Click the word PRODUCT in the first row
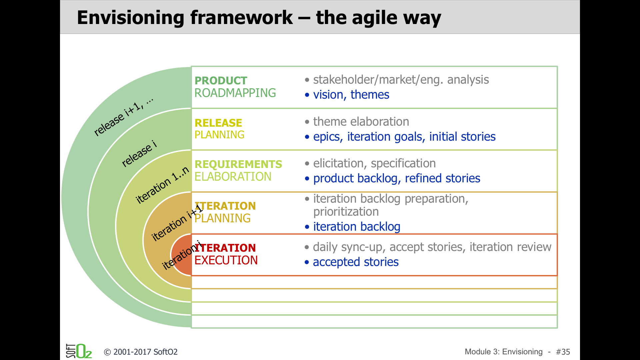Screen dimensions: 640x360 [221, 81]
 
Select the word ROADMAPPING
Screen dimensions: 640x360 [235, 93]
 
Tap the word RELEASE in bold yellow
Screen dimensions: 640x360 [218, 123]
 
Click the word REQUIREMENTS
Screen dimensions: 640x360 [238, 164]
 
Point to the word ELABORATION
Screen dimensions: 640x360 [233, 177]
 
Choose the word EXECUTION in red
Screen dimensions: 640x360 [226, 260]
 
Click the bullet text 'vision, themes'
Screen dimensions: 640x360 [351, 95]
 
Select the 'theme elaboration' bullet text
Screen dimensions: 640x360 [361, 122]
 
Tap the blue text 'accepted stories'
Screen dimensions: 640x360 [356, 262]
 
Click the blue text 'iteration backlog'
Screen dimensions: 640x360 [357, 227]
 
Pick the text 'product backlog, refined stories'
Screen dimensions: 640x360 [397, 178]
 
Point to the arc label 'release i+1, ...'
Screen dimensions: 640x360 [124, 117]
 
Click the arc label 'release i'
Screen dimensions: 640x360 [139, 154]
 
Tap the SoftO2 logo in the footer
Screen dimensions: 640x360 [79, 351]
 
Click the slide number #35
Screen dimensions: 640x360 [563, 352]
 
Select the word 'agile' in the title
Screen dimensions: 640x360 [375, 18]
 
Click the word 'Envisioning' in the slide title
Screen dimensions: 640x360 [131, 18]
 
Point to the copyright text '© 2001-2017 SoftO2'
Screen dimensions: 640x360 [141, 352]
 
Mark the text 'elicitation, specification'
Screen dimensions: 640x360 [374, 163]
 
